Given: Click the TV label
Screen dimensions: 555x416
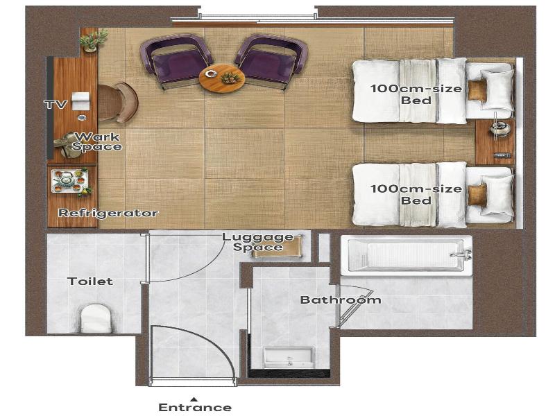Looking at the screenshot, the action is click(x=55, y=105).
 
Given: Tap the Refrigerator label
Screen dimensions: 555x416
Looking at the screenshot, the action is click(x=108, y=213).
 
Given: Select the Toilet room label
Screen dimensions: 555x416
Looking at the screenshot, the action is click(x=90, y=281).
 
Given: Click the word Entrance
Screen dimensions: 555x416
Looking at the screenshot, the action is click(x=195, y=407).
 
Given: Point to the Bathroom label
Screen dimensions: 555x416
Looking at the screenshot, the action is click(x=341, y=300).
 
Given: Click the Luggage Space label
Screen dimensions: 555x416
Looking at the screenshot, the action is click(x=257, y=242).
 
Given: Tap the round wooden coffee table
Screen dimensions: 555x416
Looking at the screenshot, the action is click(x=222, y=78).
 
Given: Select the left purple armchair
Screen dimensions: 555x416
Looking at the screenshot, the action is click(x=176, y=61).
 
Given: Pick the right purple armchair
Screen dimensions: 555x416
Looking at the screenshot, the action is click(x=271, y=61).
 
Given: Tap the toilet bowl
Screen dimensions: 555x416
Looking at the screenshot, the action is click(x=96, y=318).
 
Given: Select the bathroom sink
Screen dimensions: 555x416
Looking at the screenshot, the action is click(x=289, y=358).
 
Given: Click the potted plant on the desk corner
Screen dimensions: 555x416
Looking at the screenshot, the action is click(x=93, y=40).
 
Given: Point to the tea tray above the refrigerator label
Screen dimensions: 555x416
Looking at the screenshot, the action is click(x=69, y=182).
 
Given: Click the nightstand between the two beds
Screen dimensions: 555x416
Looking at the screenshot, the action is click(x=495, y=141).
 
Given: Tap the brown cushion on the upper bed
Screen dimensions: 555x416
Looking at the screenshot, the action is click(x=477, y=91).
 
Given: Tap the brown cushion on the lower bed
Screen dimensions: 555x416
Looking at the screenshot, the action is click(x=477, y=194).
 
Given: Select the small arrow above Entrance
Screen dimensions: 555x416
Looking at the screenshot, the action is click(x=195, y=399).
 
